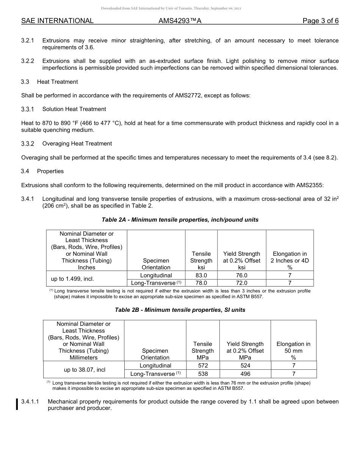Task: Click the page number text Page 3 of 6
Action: tap(320, 21)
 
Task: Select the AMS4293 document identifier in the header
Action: tap(180, 21)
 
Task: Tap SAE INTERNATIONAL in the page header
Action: tap(57, 21)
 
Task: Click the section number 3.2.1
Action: tap(28, 41)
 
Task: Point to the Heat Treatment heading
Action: tap(57, 82)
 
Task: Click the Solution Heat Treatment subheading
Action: tap(74, 109)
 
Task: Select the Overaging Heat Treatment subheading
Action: tap(77, 144)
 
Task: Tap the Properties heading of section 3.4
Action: tap(50, 171)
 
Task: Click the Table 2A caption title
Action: tap(180, 220)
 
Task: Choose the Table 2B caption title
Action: tap(180, 310)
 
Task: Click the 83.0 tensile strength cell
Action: tap(201, 275)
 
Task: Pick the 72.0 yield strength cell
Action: tap(241, 283)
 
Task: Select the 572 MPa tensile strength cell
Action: tap(203, 366)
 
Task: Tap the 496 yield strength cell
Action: tap(245, 374)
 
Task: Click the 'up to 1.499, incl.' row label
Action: tap(72, 279)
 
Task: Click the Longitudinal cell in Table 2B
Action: tap(155, 366)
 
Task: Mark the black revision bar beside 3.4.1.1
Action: tap(17, 405)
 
